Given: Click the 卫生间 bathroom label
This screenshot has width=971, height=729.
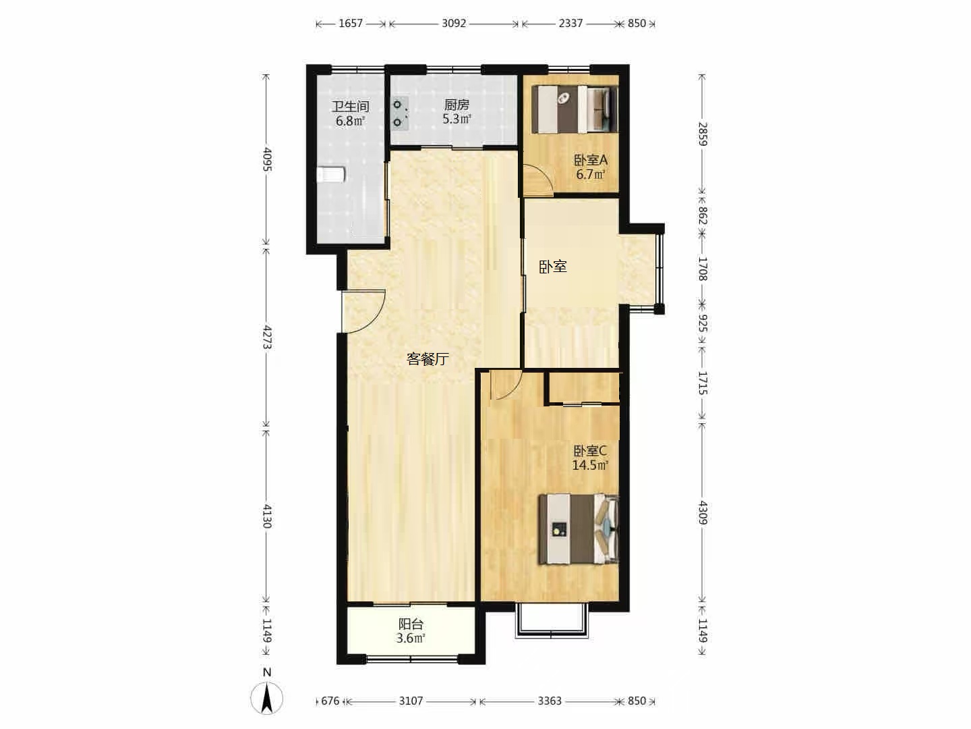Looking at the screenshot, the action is tap(351, 106).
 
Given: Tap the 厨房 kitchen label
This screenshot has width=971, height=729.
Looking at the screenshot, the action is tap(457, 105).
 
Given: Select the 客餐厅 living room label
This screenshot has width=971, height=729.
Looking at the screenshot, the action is tap(428, 359).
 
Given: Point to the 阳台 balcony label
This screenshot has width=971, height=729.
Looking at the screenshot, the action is tap(411, 624).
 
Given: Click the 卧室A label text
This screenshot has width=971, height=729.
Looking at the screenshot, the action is tap(591, 160).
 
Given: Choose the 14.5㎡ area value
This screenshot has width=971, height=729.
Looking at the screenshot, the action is tap(590, 465).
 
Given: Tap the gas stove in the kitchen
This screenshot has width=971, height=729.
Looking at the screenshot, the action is tap(400, 114).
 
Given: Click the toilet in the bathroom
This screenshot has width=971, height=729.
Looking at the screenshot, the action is tap(331, 174).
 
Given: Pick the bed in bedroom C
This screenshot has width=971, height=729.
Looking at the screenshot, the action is tap(579, 529).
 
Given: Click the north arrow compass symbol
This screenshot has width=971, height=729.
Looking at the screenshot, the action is tap(267, 697).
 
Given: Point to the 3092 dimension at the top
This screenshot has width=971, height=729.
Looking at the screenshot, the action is tap(454, 24).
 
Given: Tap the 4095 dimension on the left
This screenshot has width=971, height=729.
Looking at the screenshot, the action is tap(267, 159).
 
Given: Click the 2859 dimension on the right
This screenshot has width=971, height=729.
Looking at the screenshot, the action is tap(703, 134).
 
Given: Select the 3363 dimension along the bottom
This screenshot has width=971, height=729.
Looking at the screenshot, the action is tap(550, 701).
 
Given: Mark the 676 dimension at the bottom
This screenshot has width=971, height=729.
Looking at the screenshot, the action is tap(330, 701).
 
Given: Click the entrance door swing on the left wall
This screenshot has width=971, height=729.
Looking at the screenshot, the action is tap(363, 311).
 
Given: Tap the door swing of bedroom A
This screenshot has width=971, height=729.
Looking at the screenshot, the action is tap(538, 179).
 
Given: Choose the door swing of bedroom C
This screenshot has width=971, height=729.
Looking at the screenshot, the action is tap(506, 385).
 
